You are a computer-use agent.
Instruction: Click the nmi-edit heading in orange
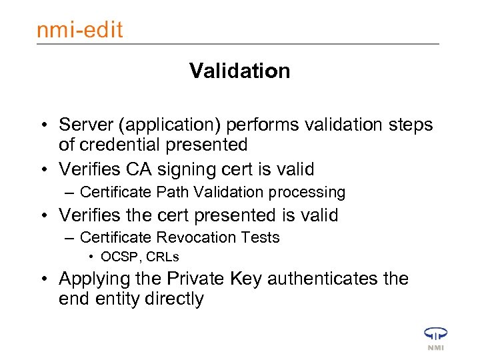coord(80,30)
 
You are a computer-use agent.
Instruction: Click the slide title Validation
coord(239,71)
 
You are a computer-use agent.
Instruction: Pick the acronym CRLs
coord(162,257)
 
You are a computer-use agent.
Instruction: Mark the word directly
coord(177,299)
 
